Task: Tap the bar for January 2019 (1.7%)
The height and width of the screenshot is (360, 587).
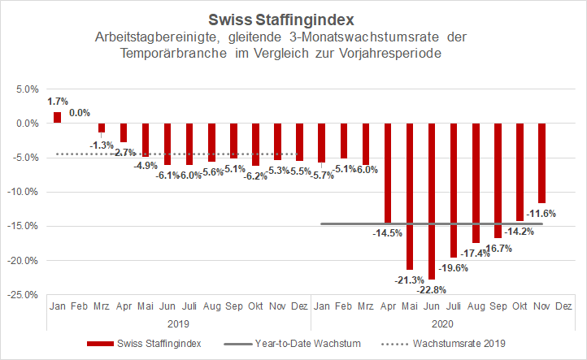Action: [58, 118]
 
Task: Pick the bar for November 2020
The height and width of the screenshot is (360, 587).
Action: [541, 163]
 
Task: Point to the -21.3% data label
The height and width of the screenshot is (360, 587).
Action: [409, 280]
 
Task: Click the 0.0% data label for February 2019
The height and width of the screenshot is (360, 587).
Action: [80, 112]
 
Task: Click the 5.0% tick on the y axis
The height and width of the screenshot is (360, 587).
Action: [27, 89]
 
